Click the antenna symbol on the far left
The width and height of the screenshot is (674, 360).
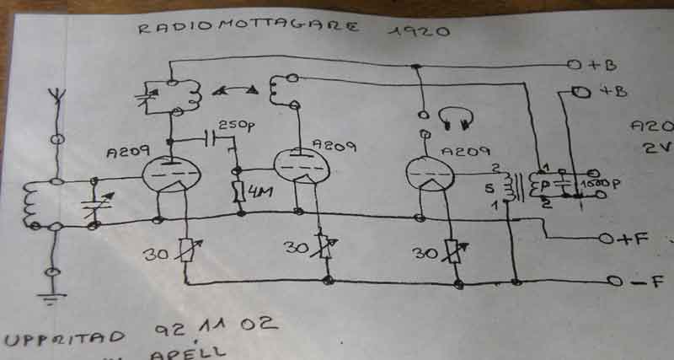[x=56, y=93]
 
